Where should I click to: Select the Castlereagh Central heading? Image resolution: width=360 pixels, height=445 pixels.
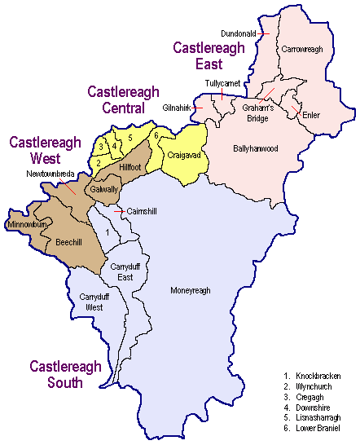[x=123, y=99]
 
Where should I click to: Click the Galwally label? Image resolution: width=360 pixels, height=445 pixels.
[x=103, y=190]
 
